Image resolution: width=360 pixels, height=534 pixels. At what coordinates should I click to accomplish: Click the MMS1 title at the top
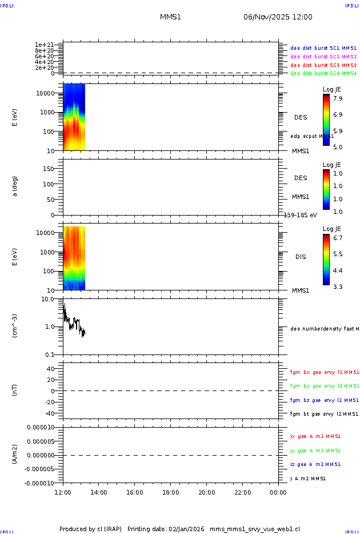pyautogui.click(x=170, y=17)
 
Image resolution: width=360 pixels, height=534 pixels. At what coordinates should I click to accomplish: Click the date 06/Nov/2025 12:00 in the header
pyautogui.click(x=278, y=17)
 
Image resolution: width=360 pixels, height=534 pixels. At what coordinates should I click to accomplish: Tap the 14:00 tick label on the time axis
pyautogui.click(x=99, y=492)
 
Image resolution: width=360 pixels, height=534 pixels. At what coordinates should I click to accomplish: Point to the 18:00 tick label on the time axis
pyautogui.click(x=170, y=492)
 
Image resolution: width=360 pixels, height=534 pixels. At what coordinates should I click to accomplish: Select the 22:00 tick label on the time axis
pyautogui.click(x=242, y=492)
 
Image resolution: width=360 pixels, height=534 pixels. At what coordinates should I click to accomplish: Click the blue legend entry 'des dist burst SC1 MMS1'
pyautogui.click(x=323, y=49)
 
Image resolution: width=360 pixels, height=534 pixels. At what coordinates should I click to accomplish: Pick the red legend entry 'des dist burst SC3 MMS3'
pyautogui.click(x=323, y=65)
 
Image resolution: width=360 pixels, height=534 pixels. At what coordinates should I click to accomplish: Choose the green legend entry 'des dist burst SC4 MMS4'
pyautogui.click(x=323, y=73)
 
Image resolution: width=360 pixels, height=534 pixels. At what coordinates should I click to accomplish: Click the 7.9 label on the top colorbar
pyautogui.click(x=338, y=98)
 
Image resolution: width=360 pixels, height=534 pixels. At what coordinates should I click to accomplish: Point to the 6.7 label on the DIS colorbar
pyautogui.click(x=338, y=237)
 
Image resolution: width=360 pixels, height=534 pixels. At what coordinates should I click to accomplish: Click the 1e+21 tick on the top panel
pyautogui.click(x=44, y=45)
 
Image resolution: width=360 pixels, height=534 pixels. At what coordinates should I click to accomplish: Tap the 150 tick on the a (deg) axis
pyautogui.click(x=48, y=169)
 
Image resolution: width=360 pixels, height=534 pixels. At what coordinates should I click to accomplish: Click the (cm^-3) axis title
pyautogui.click(x=15, y=326)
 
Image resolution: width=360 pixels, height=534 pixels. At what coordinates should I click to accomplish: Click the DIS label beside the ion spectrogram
pyautogui.click(x=301, y=257)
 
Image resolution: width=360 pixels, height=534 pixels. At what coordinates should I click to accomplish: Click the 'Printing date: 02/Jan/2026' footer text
pyautogui.click(x=166, y=529)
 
